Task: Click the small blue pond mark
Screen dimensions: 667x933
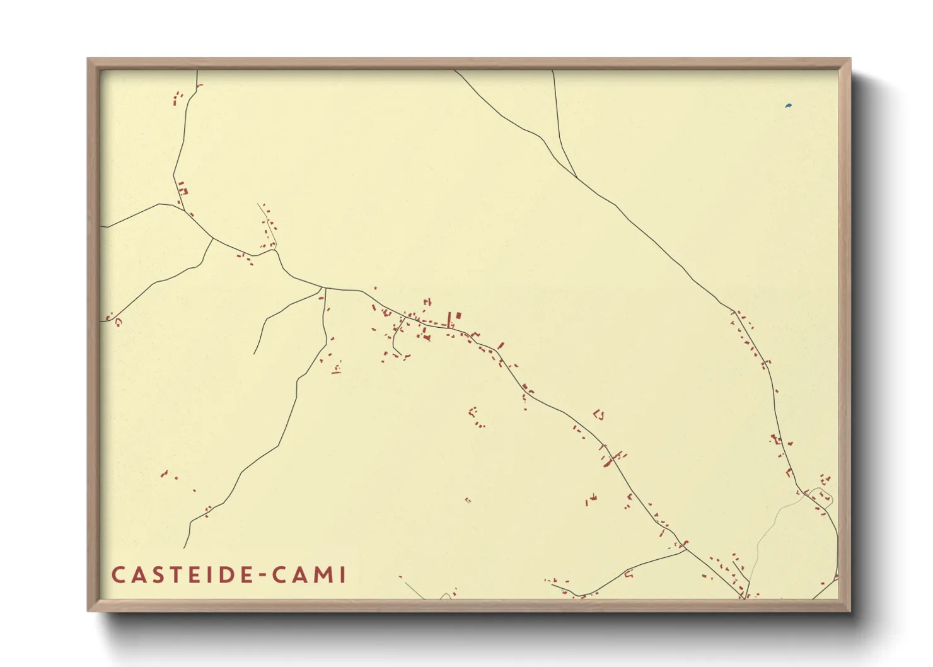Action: (x=788, y=106)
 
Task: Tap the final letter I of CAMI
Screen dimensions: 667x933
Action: (x=342, y=575)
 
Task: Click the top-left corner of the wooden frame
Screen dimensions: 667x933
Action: (x=89, y=59)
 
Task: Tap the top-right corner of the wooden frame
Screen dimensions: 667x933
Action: (x=849, y=59)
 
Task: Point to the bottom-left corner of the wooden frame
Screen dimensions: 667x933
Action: (x=89, y=610)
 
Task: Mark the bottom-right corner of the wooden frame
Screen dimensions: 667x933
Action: (x=849, y=610)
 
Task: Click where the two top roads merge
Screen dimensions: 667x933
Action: (x=576, y=177)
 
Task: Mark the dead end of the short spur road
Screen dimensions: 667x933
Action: (x=255, y=354)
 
